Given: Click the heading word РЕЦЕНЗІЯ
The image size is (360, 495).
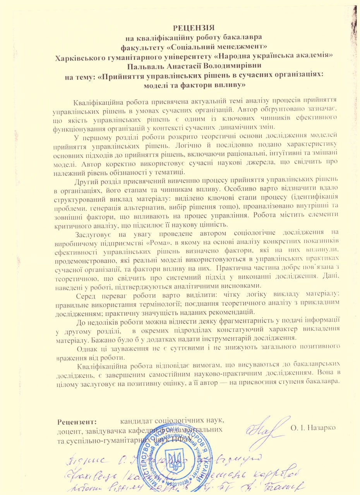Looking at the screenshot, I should click(193, 28).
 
